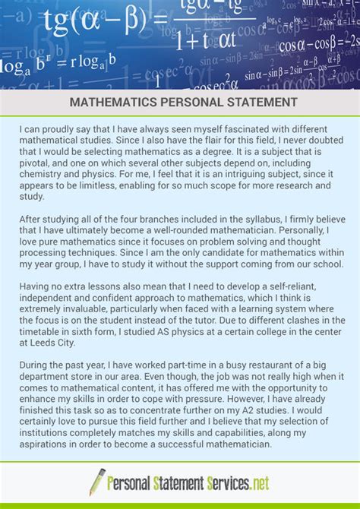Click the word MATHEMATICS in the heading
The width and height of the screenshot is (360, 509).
click(112, 101)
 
